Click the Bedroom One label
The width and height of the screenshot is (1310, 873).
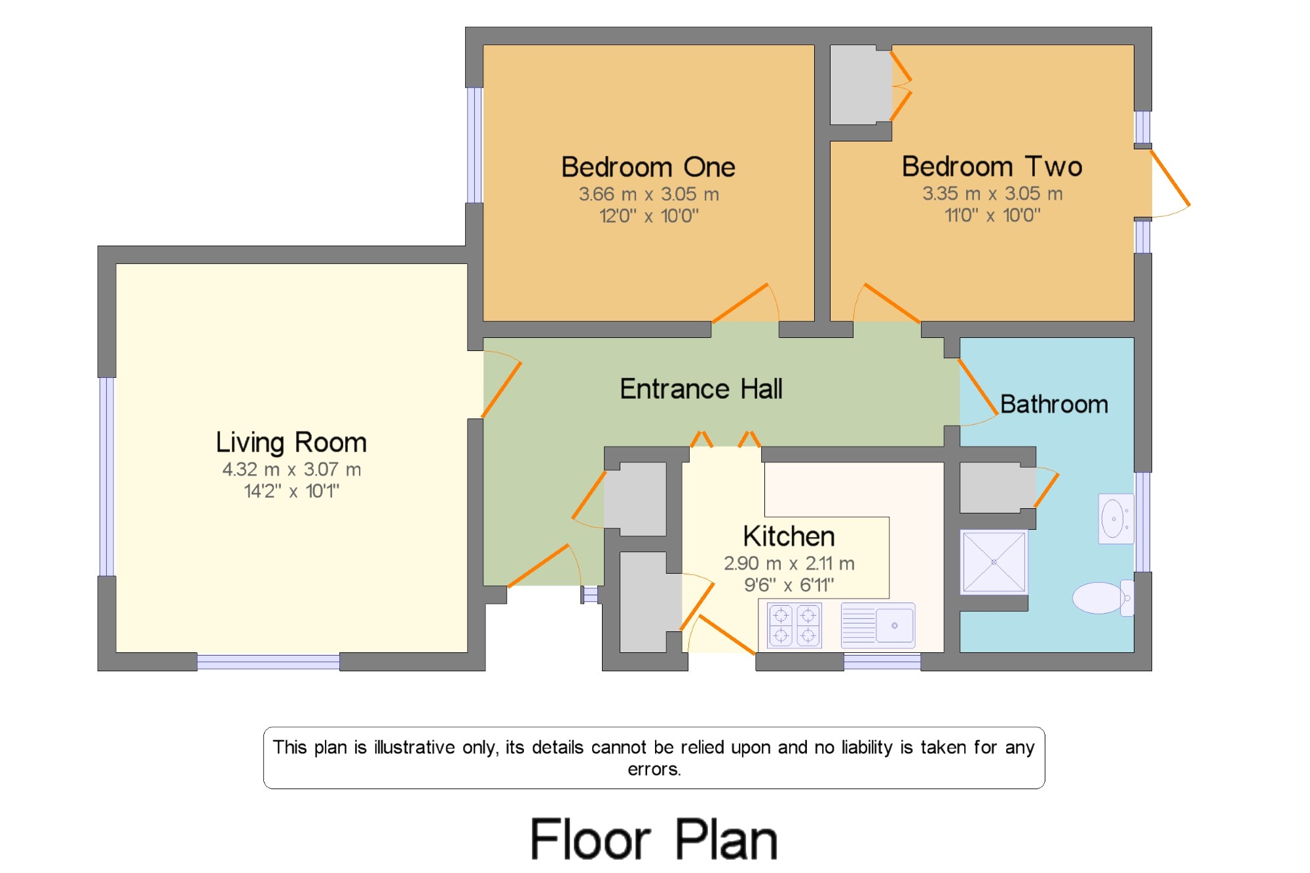(x=648, y=167)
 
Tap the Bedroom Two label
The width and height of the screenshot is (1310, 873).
(x=992, y=166)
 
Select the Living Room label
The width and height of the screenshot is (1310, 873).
(x=291, y=443)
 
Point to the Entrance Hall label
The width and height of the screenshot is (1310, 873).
(x=701, y=389)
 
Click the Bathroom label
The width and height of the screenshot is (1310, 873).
(x=1054, y=404)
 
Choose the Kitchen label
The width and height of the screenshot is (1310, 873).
(x=789, y=536)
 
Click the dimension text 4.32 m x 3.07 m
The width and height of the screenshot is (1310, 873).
(x=291, y=470)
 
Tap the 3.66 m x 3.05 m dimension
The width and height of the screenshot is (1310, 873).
(x=648, y=195)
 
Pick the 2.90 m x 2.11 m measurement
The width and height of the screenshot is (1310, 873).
(x=789, y=563)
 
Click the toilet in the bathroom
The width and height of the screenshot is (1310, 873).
(x=1103, y=597)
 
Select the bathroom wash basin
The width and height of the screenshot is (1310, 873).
(x=1116, y=519)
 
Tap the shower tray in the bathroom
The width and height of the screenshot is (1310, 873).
(x=994, y=562)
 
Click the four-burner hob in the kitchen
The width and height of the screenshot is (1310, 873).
(x=795, y=625)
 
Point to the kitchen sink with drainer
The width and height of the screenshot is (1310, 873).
(x=878, y=625)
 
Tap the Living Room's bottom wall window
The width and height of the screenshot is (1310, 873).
(x=268, y=661)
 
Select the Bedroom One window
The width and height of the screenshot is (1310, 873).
(x=474, y=145)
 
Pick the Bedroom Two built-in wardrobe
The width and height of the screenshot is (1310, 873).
(x=861, y=84)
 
